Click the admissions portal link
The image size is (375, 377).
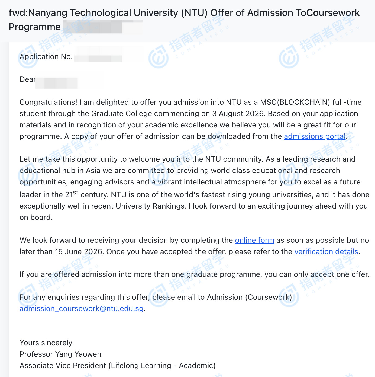315,136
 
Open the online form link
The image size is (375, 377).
254,240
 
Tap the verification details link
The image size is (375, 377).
326,252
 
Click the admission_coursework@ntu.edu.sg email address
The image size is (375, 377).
81,309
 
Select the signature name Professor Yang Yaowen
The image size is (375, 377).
60,354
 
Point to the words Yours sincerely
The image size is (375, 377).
46,343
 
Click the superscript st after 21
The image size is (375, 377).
76,192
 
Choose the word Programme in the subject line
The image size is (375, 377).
35,27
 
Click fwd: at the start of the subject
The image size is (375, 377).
18,13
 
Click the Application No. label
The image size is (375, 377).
46,57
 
